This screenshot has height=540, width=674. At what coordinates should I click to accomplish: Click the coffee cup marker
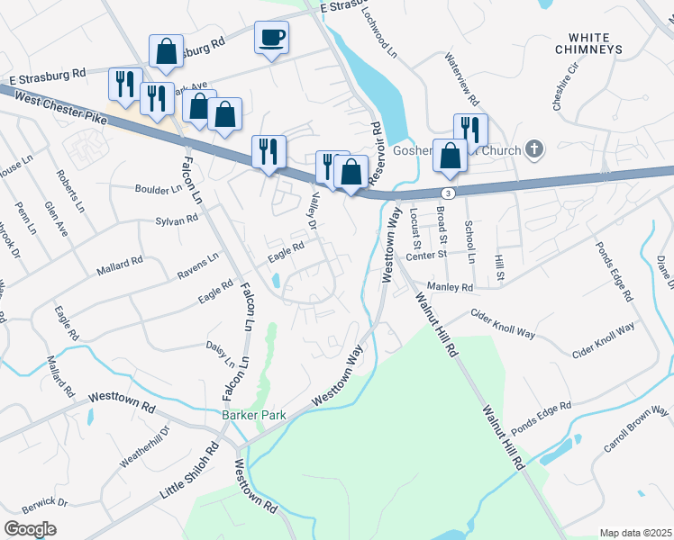click(271, 38)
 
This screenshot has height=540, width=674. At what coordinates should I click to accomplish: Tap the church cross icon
click(534, 148)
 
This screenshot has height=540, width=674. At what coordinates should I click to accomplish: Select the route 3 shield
click(447, 193)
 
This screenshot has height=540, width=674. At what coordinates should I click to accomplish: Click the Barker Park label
click(246, 416)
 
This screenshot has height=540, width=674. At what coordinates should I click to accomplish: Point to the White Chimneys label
click(589, 42)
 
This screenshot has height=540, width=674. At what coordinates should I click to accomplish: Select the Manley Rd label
click(450, 287)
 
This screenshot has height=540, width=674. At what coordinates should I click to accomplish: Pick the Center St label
click(426, 256)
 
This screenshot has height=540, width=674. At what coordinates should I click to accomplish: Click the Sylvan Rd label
click(176, 220)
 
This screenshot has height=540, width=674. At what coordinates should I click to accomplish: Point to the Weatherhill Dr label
click(144, 446)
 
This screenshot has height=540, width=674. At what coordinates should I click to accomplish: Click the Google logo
click(30, 529)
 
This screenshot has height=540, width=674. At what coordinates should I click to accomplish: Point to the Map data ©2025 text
click(635, 533)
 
